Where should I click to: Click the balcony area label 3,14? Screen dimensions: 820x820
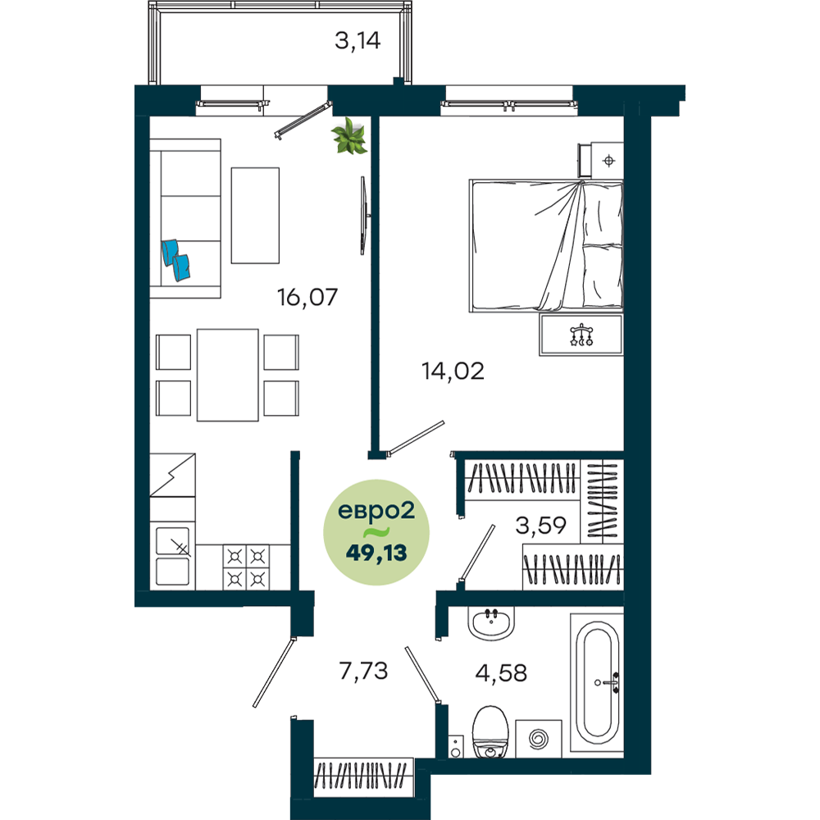[x=358, y=41]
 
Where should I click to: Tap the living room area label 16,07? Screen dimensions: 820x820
[x=307, y=297]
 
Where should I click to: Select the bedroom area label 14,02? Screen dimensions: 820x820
[x=453, y=371]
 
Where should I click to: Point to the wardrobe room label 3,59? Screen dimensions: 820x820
[x=540, y=525]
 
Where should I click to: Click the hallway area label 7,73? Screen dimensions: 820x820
[x=363, y=671]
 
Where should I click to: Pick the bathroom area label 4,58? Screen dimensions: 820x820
[x=501, y=672]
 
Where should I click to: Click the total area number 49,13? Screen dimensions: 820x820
[x=376, y=552]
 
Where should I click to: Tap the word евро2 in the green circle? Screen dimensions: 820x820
[x=376, y=510]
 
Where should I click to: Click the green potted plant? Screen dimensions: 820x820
[x=348, y=136]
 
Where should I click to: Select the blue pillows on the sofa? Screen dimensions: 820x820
[x=175, y=260]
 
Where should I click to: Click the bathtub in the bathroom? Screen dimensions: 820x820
[x=597, y=682]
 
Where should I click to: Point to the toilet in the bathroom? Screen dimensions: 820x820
[x=490, y=731]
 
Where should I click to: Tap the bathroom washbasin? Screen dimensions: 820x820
[x=490, y=623]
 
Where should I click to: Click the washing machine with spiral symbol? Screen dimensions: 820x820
[x=539, y=739]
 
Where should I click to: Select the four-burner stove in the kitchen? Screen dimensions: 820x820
[x=246, y=567]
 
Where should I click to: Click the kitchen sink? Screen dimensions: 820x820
[x=172, y=556]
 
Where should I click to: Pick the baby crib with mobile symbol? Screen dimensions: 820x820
[x=581, y=335]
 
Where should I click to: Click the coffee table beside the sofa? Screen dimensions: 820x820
[x=255, y=216]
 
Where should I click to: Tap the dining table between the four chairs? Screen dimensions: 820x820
[x=227, y=375]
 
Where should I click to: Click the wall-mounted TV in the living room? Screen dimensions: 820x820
[x=364, y=216]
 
